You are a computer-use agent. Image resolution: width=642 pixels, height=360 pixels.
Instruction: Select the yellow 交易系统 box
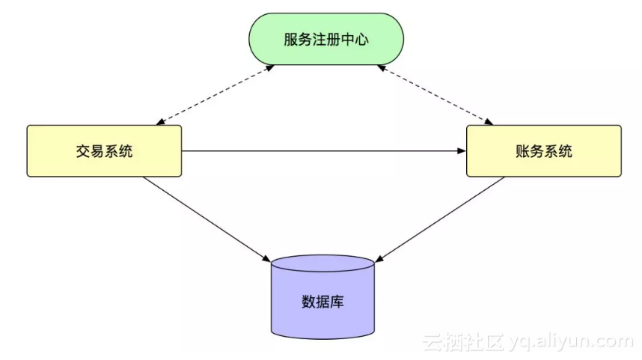pyautogui.click(x=104, y=150)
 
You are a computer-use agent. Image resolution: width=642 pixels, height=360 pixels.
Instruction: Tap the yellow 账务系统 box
pyautogui.click(x=543, y=150)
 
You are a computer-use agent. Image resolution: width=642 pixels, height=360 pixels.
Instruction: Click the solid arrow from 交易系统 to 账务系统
pyautogui.click(x=322, y=151)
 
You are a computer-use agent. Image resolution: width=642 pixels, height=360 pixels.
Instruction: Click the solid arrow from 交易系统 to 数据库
pyautogui.click(x=206, y=218)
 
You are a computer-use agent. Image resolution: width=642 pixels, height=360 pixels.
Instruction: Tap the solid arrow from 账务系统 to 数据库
pyautogui.click(x=441, y=218)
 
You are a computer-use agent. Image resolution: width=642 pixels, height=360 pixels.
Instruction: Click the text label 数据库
pyautogui.click(x=322, y=302)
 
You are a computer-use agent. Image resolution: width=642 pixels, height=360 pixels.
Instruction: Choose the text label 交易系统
pyautogui.click(x=104, y=151)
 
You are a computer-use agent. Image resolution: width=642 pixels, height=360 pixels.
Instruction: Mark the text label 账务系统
pyautogui.click(x=544, y=151)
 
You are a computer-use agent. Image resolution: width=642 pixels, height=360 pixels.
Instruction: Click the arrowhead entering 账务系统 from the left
pyautogui.click(x=462, y=151)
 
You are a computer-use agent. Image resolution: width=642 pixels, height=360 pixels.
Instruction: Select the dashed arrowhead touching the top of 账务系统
pyautogui.click(x=491, y=122)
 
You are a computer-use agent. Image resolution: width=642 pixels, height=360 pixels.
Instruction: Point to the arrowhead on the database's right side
pyautogui.click(x=379, y=259)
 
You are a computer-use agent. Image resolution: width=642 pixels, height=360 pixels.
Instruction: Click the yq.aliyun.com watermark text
pyautogui.click(x=569, y=342)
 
